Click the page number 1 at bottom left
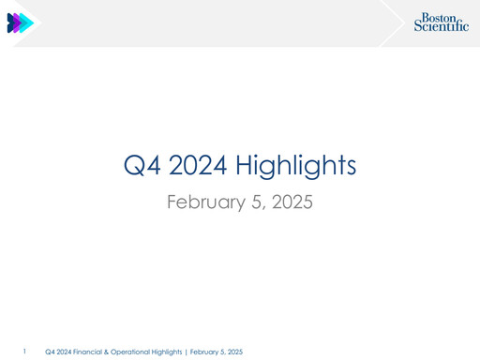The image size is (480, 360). click(x=25, y=352)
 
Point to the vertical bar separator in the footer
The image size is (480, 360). click(x=187, y=352)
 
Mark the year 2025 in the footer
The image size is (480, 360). click(x=234, y=352)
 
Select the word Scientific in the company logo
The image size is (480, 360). click(x=441, y=27)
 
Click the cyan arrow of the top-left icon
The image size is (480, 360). click(x=29, y=23)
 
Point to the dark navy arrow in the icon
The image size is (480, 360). click(x=11, y=23)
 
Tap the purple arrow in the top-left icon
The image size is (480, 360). click(x=20, y=23)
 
